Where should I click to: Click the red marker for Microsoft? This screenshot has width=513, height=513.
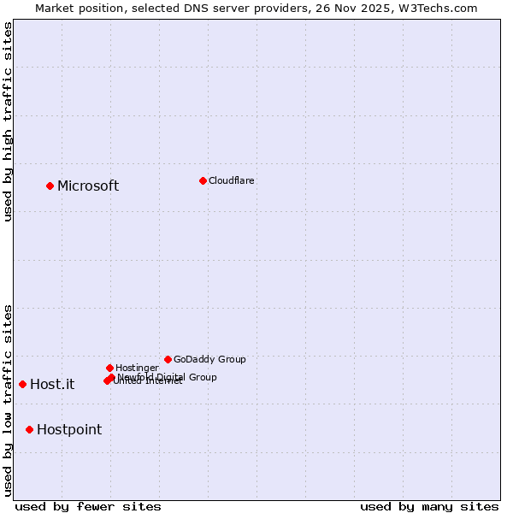coord(50,186)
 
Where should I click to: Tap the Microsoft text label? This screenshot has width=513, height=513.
coord(88,186)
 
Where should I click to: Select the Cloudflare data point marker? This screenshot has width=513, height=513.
coord(203,180)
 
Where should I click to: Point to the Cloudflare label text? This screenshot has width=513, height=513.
coord(232,180)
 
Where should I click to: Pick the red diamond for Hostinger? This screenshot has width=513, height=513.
coord(109,368)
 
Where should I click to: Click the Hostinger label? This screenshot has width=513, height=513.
coord(138,368)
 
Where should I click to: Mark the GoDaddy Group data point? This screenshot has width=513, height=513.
coord(168,359)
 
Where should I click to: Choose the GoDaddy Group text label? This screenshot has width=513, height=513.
coord(209,359)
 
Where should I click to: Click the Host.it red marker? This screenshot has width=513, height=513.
coord(22,384)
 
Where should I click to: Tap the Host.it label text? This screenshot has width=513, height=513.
coord(52,385)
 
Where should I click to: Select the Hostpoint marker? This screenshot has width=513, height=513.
coord(29,429)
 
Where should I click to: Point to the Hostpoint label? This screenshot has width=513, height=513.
coord(69,430)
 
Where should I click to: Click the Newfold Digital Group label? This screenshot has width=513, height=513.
coord(168,376)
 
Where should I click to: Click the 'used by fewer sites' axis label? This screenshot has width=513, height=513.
coord(88,506)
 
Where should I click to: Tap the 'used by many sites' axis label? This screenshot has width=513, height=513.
coord(429,506)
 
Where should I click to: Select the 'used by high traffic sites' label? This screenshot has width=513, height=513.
coord(8,121)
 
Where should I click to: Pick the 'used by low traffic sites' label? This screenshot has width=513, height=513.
coord(8,399)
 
